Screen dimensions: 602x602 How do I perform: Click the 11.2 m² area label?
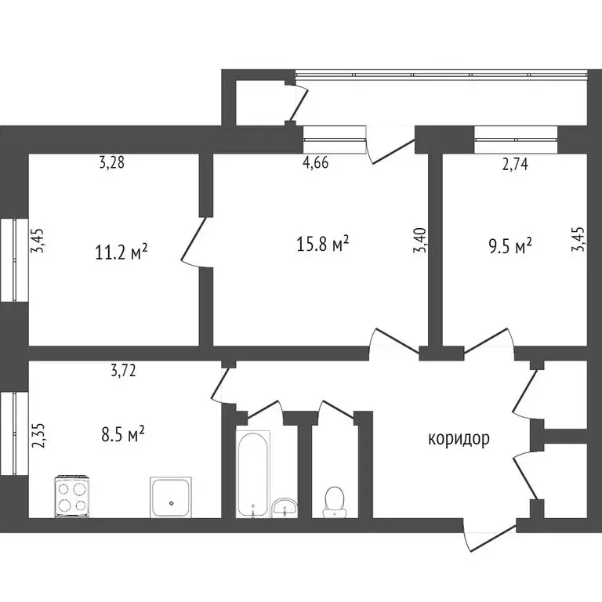pos(121,252)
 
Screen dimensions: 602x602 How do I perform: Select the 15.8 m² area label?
pos(321,245)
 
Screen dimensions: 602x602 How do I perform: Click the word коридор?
pos(459,438)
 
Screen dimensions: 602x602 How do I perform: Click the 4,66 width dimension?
pos(315,163)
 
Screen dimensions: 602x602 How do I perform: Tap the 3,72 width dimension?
pos(123,372)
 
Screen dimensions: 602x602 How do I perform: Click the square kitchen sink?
pos(171,496)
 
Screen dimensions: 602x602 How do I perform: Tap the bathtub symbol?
pos(253,474)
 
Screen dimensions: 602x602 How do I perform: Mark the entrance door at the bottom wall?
pos(487,536)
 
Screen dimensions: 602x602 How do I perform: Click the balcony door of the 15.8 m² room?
pos(390,147)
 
